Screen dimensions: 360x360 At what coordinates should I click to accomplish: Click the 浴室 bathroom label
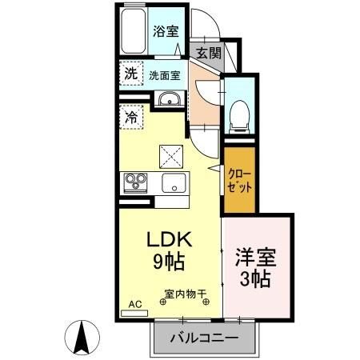click(x=165, y=31)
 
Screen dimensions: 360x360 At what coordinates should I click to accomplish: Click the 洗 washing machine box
click(x=130, y=74)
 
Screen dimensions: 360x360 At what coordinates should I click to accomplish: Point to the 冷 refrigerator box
click(x=130, y=116)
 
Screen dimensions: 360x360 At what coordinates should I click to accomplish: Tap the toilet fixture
click(x=239, y=114)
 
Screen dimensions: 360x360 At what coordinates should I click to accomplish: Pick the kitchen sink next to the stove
click(x=172, y=182)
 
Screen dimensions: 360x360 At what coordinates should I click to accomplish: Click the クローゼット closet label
click(x=240, y=179)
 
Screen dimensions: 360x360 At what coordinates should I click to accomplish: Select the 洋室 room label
click(x=255, y=258)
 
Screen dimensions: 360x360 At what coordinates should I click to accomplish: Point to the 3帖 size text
click(x=255, y=279)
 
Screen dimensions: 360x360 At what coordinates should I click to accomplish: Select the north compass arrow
click(x=81, y=336)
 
